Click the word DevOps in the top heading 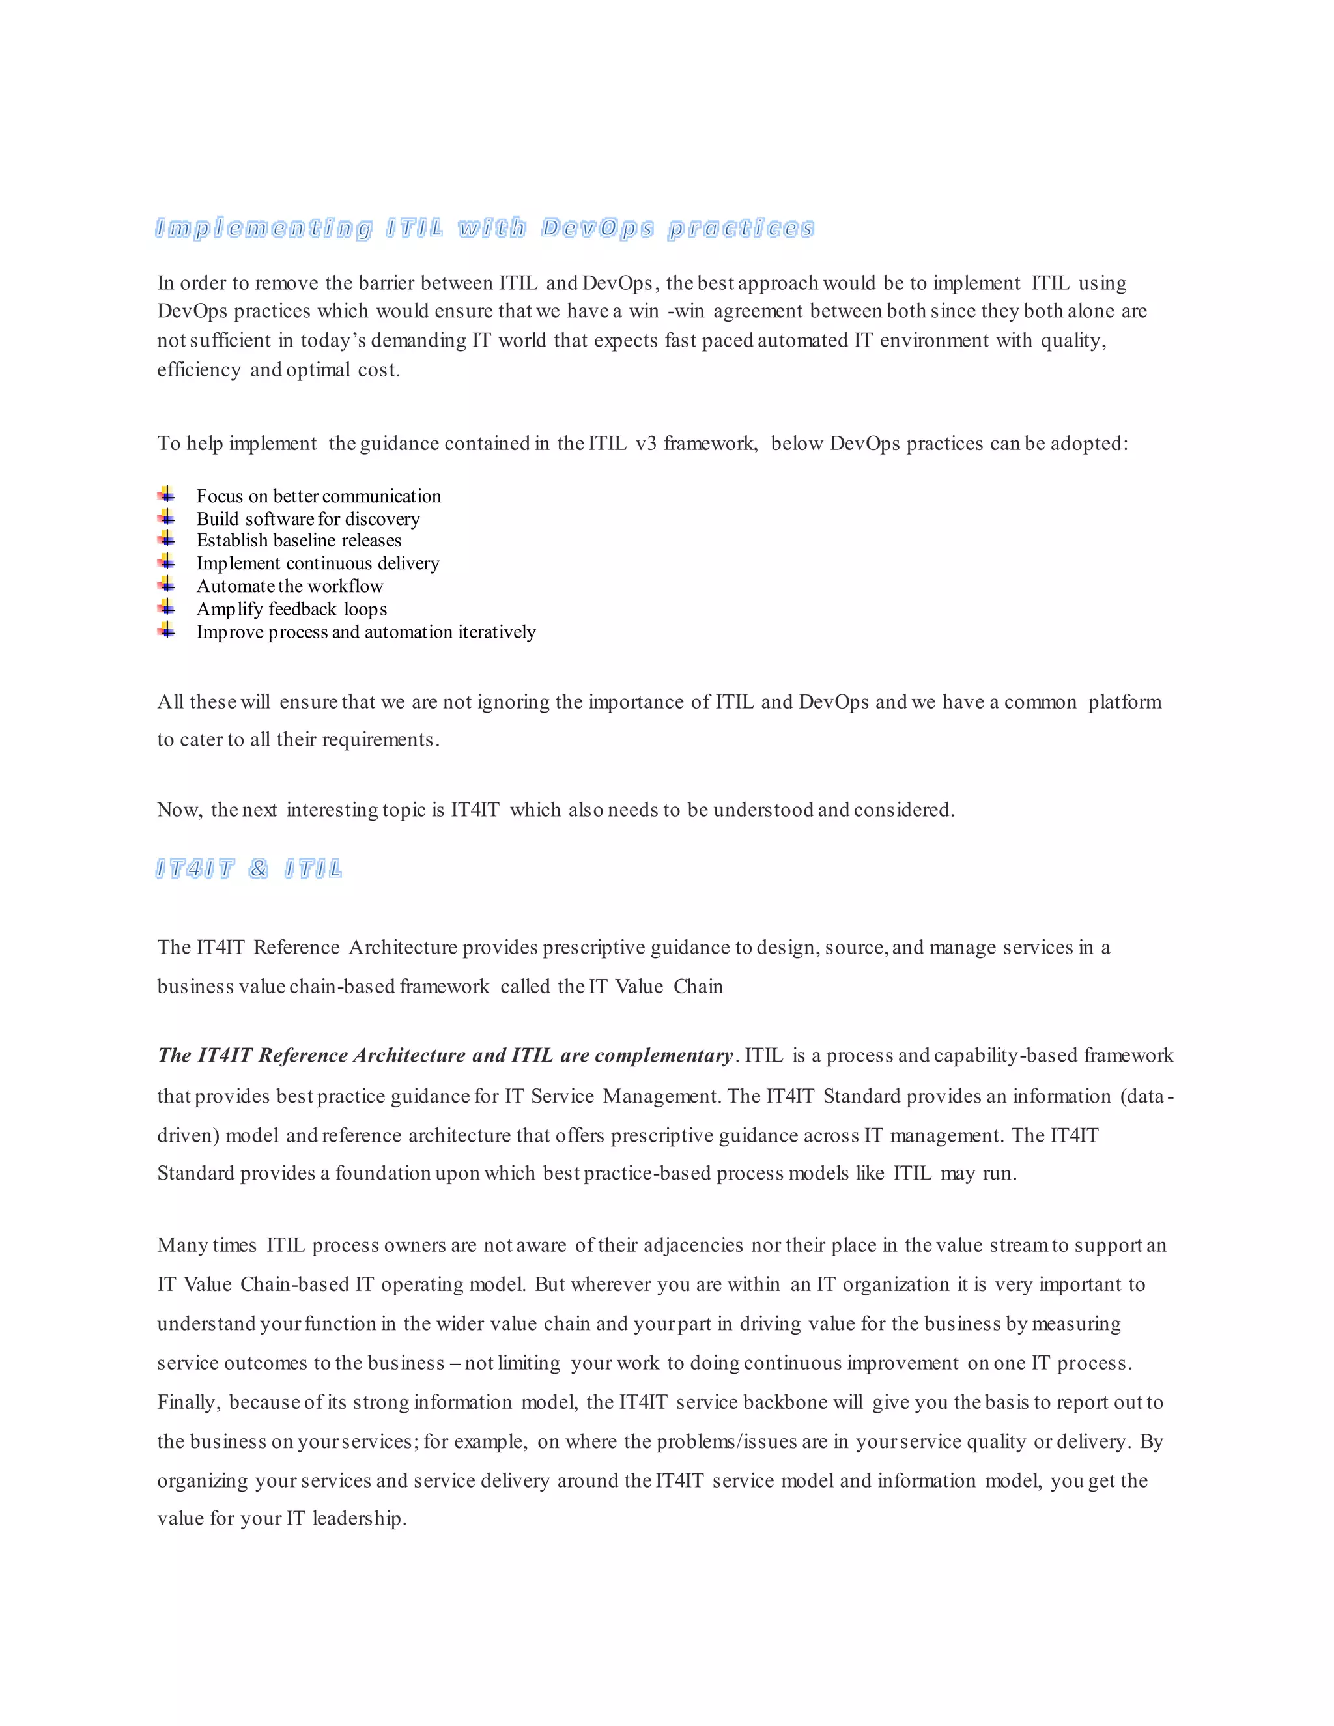(597, 229)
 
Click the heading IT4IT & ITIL (249, 870)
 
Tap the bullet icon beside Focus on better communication (166, 495)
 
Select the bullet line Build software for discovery (307, 519)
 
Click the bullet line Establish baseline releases (299, 541)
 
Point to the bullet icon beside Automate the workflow (166, 585)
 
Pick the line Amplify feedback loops (292, 610)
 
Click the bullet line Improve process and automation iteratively (366, 632)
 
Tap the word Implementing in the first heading (263, 229)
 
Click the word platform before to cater (1124, 703)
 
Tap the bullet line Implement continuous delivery (318, 563)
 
